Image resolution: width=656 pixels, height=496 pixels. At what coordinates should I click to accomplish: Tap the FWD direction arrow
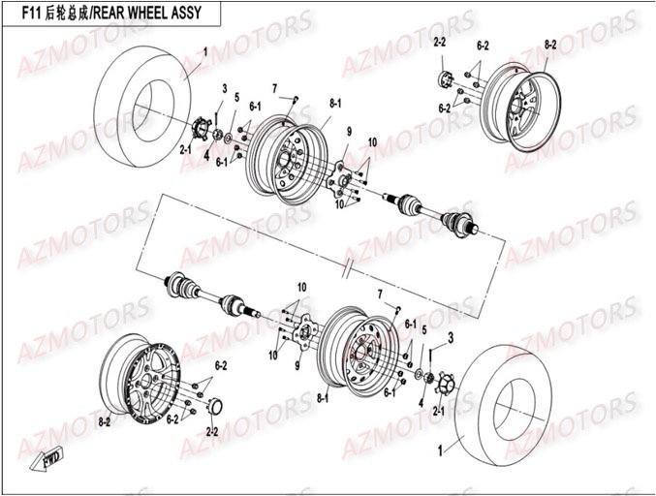[x=47, y=455]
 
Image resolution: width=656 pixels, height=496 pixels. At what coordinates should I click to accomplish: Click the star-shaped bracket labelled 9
[x=341, y=179]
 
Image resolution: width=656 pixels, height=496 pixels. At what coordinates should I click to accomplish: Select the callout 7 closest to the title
[x=274, y=88]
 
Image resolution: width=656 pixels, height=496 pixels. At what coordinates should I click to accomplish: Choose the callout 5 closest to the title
[x=236, y=98]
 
